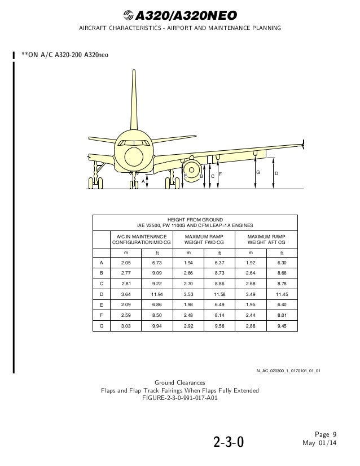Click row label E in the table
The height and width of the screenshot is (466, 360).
click(101, 304)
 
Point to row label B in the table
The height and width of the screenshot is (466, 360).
click(101, 273)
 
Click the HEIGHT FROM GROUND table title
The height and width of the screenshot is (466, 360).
click(195, 222)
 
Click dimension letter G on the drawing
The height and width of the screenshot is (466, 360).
click(258, 171)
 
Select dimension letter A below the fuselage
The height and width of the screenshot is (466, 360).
click(143, 180)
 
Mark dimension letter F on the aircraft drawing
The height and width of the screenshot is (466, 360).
click(220, 173)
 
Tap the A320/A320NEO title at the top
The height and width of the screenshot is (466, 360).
click(179, 15)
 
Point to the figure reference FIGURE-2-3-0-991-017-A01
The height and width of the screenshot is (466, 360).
click(180, 397)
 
